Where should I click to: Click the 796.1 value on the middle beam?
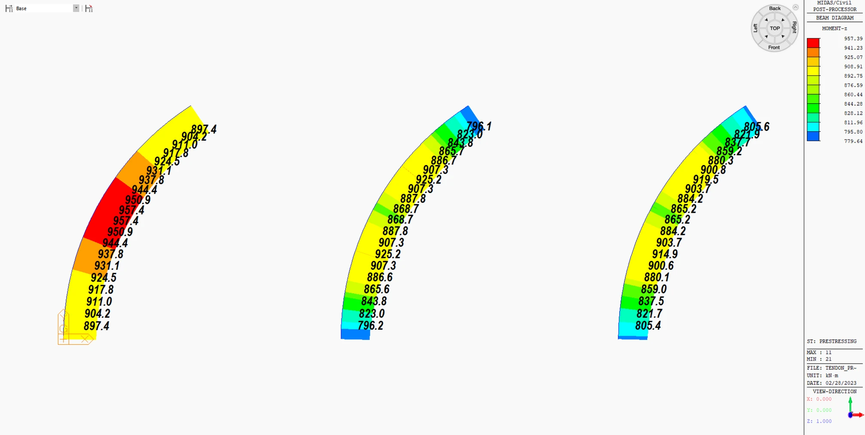pyautogui.click(x=479, y=126)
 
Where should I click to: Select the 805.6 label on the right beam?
pyautogui.click(x=756, y=127)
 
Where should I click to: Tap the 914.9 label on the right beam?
pyautogui.click(x=664, y=254)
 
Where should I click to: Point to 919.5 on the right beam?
pyautogui.click(x=705, y=180)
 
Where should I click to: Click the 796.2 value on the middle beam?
pyautogui.click(x=370, y=325)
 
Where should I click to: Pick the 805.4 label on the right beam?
pyautogui.click(x=648, y=325)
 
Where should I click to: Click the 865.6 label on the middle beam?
pyautogui.click(x=376, y=289)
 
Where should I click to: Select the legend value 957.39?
pyautogui.click(x=853, y=39)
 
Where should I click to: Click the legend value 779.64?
pyautogui.click(x=853, y=141)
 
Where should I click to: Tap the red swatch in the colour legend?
pyautogui.click(x=813, y=43)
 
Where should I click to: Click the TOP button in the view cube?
pyautogui.click(x=774, y=28)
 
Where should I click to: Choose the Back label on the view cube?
pyautogui.click(x=774, y=9)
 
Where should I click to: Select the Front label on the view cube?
pyautogui.click(x=774, y=48)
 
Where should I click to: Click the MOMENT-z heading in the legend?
pyautogui.click(x=834, y=28)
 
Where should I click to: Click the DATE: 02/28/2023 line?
pyautogui.click(x=831, y=383)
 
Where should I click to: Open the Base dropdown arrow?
pyautogui.click(x=76, y=8)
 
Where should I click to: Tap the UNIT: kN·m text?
pyautogui.click(x=822, y=376)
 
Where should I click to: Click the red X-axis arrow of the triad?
pyautogui.click(x=859, y=415)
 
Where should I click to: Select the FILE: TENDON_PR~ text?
pyautogui.click(x=831, y=368)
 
